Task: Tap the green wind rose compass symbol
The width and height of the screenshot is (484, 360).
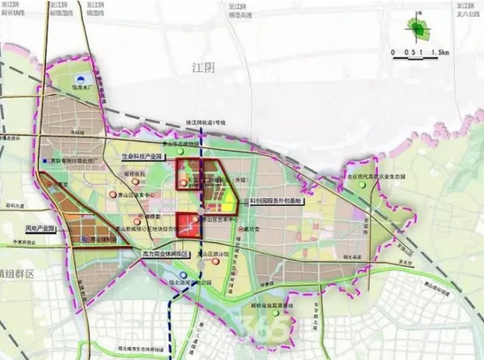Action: pyautogui.click(x=416, y=29)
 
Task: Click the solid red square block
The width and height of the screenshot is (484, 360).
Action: pyautogui.click(x=187, y=222)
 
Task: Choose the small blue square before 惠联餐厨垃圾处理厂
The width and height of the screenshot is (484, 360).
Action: pyautogui.click(x=44, y=162)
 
